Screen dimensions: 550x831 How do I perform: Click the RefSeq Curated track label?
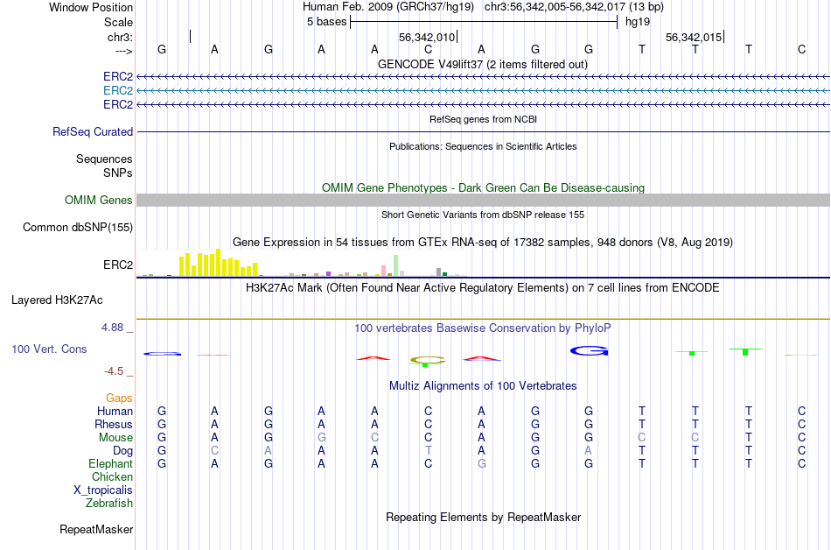(x=93, y=131)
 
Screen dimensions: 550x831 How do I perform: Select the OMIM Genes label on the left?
(x=99, y=201)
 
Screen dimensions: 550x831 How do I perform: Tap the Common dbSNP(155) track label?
(x=77, y=228)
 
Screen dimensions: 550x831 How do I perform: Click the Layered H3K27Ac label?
(x=57, y=300)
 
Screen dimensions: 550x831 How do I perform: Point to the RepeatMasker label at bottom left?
(x=96, y=530)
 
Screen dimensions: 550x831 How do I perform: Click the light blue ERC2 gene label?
(x=118, y=90)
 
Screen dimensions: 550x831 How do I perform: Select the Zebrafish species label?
(x=109, y=504)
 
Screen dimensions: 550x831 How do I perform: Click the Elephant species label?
(x=111, y=464)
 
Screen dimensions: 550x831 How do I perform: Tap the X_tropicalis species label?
(x=103, y=490)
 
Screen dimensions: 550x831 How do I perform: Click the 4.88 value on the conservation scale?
(x=115, y=328)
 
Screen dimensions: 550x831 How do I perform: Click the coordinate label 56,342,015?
(x=694, y=38)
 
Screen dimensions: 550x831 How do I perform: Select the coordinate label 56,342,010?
(x=427, y=38)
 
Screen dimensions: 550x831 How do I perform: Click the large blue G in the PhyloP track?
(x=589, y=350)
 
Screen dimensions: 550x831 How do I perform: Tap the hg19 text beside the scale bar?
(x=638, y=21)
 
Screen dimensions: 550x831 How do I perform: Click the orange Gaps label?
(x=119, y=398)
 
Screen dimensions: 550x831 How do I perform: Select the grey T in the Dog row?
(x=429, y=451)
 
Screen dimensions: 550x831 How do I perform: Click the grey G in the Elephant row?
(x=482, y=464)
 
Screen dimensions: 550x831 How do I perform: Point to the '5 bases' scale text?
(x=325, y=21)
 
